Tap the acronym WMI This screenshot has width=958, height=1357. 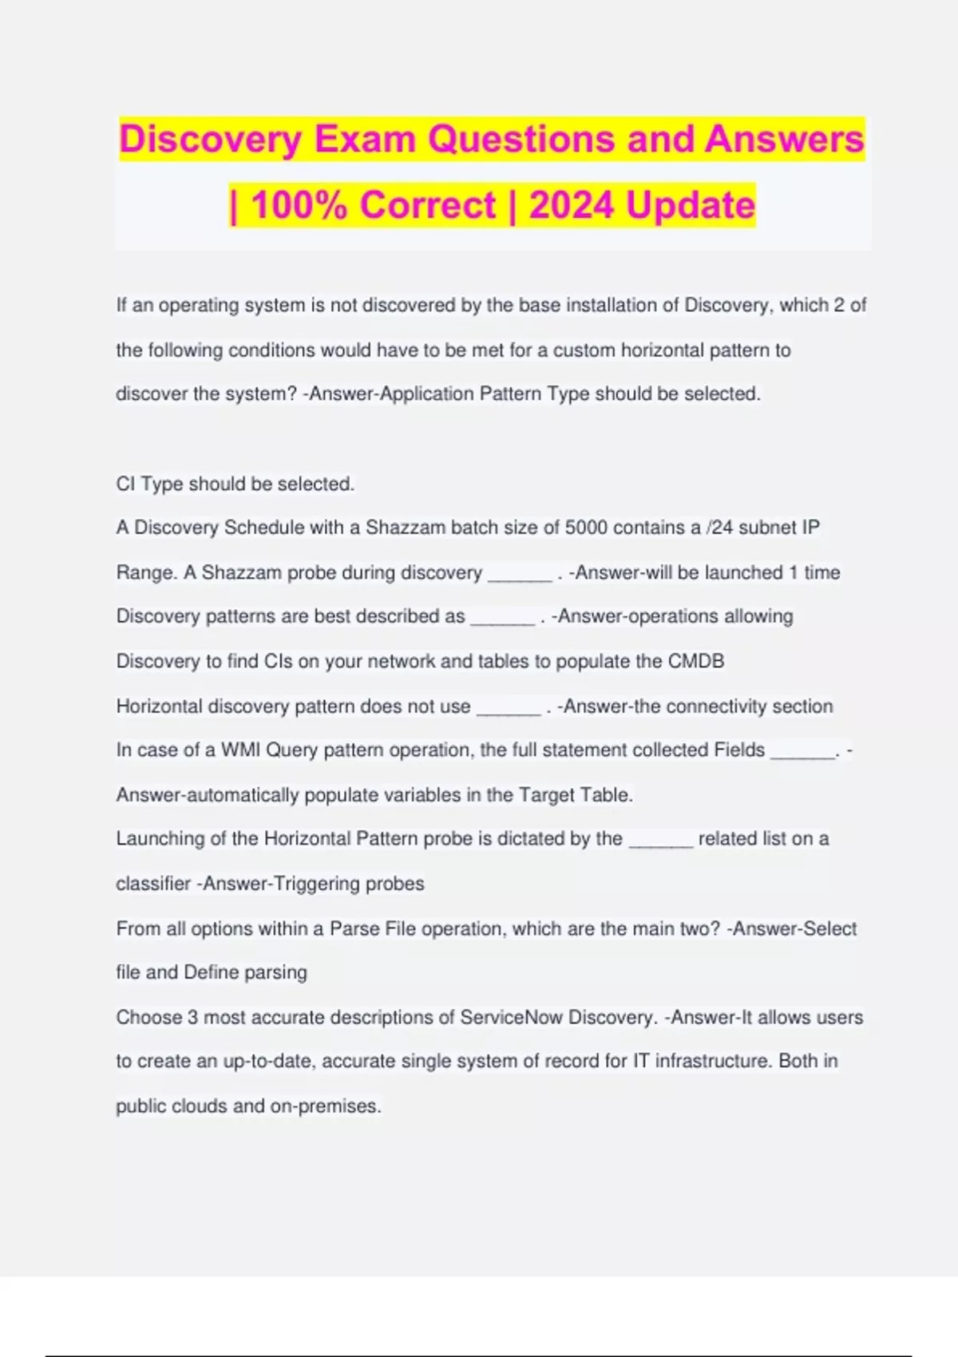240,750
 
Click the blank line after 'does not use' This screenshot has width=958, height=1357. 509,710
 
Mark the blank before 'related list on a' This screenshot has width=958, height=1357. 661,843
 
